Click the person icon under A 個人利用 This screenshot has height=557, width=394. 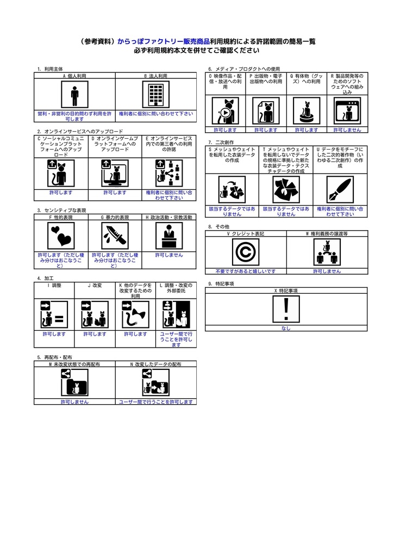[x=74, y=95]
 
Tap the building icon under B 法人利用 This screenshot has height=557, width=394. [x=156, y=95]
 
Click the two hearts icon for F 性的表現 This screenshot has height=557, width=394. [x=61, y=236]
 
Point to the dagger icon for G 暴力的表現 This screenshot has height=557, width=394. [x=115, y=236]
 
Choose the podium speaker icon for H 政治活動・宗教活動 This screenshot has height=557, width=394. [x=169, y=236]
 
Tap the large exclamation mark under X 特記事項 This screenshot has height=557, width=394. [x=286, y=310]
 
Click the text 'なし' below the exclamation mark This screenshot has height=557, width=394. [x=286, y=329]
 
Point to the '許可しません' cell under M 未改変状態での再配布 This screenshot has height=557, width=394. [x=74, y=402]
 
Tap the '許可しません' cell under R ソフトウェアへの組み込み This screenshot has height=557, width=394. [x=347, y=130]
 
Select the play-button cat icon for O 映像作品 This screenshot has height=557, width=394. [x=225, y=111]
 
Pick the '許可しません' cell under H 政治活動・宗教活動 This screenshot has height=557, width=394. [x=169, y=255]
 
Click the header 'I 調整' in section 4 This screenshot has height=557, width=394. [x=54, y=285]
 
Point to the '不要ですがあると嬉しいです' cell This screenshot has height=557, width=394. [x=246, y=271]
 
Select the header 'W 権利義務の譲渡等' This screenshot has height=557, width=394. [x=327, y=233]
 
